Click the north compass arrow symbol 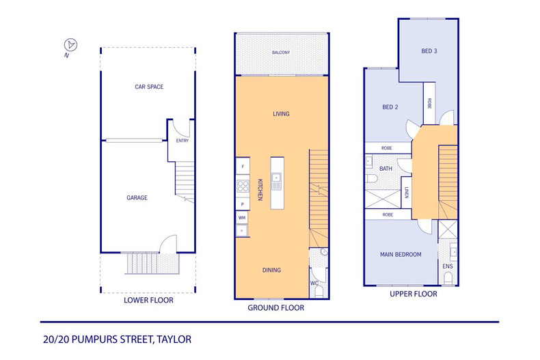pyautogui.click(x=70, y=44)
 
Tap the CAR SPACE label pyautogui.click(x=148, y=87)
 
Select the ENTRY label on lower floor pyautogui.click(x=182, y=141)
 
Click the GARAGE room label pyautogui.click(x=137, y=197)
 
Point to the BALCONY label pyautogui.click(x=281, y=53)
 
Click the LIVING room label pyautogui.click(x=281, y=114)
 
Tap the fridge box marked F pyautogui.click(x=242, y=166)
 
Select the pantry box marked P pyautogui.click(x=242, y=204)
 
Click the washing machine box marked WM pyautogui.click(x=242, y=218)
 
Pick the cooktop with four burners pyautogui.click(x=242, y=185)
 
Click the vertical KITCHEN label pyautogui.click(x=260, y=189)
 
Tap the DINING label pyautogui.click(x=271, y=270)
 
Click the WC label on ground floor pyautogui.click(x=314, y=281)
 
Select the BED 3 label pyautogui.click(x=429, y=51)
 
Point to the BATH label pyautogui.click(x=386, y=168)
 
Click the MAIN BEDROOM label pyautogui.click(x=401, y=254)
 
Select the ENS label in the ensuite pyautogui.click(x=448, y=266)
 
